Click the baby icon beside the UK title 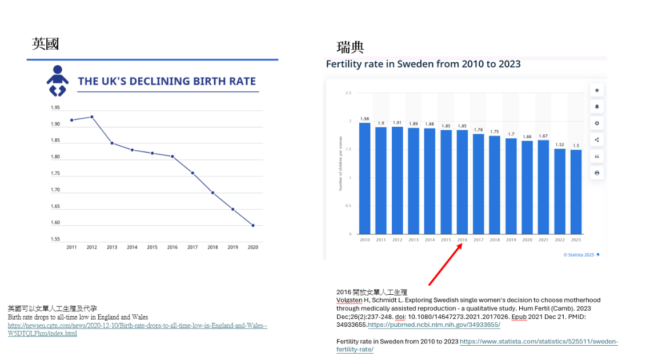point(57,81)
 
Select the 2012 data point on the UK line point(92,117)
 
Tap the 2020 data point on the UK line point(253,225)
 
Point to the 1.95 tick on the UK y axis point(55,108)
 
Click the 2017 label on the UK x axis point(192,247)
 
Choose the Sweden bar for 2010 point(364,178)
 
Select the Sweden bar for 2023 point(576,192)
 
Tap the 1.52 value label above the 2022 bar point(560,145)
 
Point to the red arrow point(446,263)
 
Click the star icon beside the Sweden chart point(597,90)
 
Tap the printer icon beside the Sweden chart point(597,173)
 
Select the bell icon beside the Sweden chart point(597,107)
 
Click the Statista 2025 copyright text point(579,254)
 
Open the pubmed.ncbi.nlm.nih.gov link point(434,325)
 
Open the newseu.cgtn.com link point(137,326)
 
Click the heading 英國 point(45,43)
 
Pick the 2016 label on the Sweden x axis point(462,240)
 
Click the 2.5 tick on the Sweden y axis point(348,93)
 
